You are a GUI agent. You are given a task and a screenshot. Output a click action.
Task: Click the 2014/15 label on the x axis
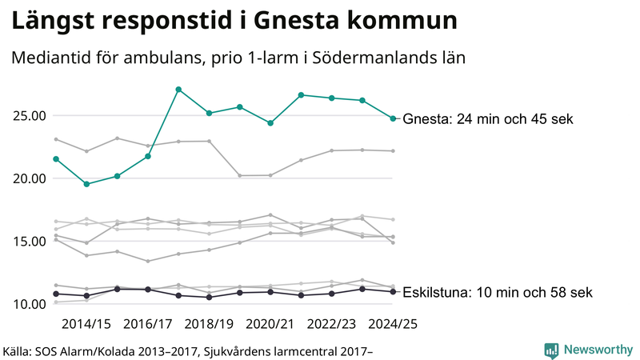click(x=86, y=324)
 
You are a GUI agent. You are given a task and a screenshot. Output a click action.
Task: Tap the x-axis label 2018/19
click(x=209, y=324)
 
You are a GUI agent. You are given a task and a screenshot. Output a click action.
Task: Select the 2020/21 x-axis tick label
click(x=270, y=324)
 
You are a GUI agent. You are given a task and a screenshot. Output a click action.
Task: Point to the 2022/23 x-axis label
click(x=332, y=324)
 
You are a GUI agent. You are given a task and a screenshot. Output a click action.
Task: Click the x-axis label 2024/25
click(x=393, y=324)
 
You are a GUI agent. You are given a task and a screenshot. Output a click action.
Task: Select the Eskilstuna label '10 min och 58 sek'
click(x=498, y=292)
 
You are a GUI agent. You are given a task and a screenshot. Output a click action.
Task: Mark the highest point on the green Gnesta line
click(x=178, y=89)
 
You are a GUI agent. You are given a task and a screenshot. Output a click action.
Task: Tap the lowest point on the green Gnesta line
click(x=86, y=184)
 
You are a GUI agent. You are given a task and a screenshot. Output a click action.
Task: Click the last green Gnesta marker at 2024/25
click(x=393, y=118)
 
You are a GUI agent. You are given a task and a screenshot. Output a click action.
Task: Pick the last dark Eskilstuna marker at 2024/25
click(x=393, y=291)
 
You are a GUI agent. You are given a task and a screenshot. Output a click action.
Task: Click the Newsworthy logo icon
click(x=551, y=350)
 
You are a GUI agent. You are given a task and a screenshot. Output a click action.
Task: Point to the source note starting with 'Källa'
click(x=188, y=350)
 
